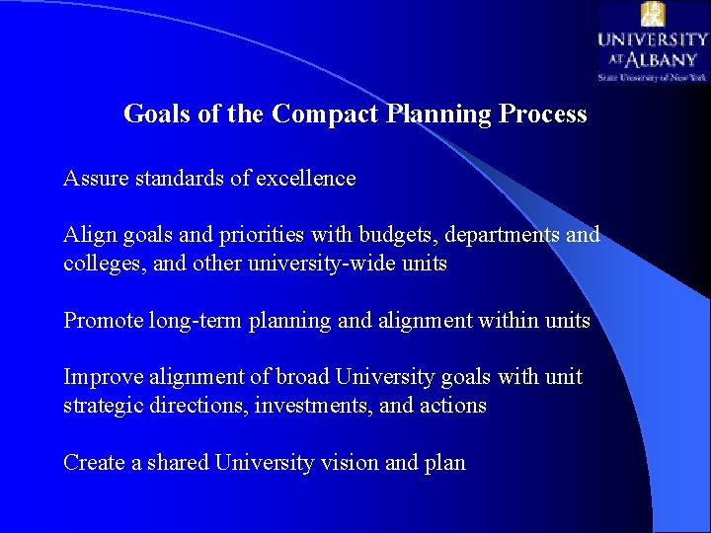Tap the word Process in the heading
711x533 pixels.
[x=543, y=114]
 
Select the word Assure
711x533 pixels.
[x=95, y=179]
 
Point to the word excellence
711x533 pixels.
[x=306, y=179]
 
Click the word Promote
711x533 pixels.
[x=103, y=321]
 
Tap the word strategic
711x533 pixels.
[x=103, y=406]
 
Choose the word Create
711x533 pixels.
[x=95, y=463]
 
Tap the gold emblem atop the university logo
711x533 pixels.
[x=653, y=15]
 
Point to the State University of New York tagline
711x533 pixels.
[x=652, y=76]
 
